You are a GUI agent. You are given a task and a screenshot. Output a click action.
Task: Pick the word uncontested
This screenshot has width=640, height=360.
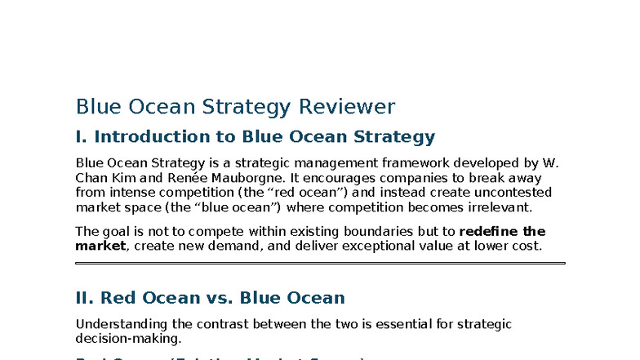(511, 193)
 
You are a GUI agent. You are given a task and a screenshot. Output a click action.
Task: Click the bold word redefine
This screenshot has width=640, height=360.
(490, 231)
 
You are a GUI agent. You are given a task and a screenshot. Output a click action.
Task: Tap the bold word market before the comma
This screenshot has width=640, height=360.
(100, 246)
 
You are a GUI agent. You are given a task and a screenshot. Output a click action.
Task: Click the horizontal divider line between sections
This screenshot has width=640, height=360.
(320, 264)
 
